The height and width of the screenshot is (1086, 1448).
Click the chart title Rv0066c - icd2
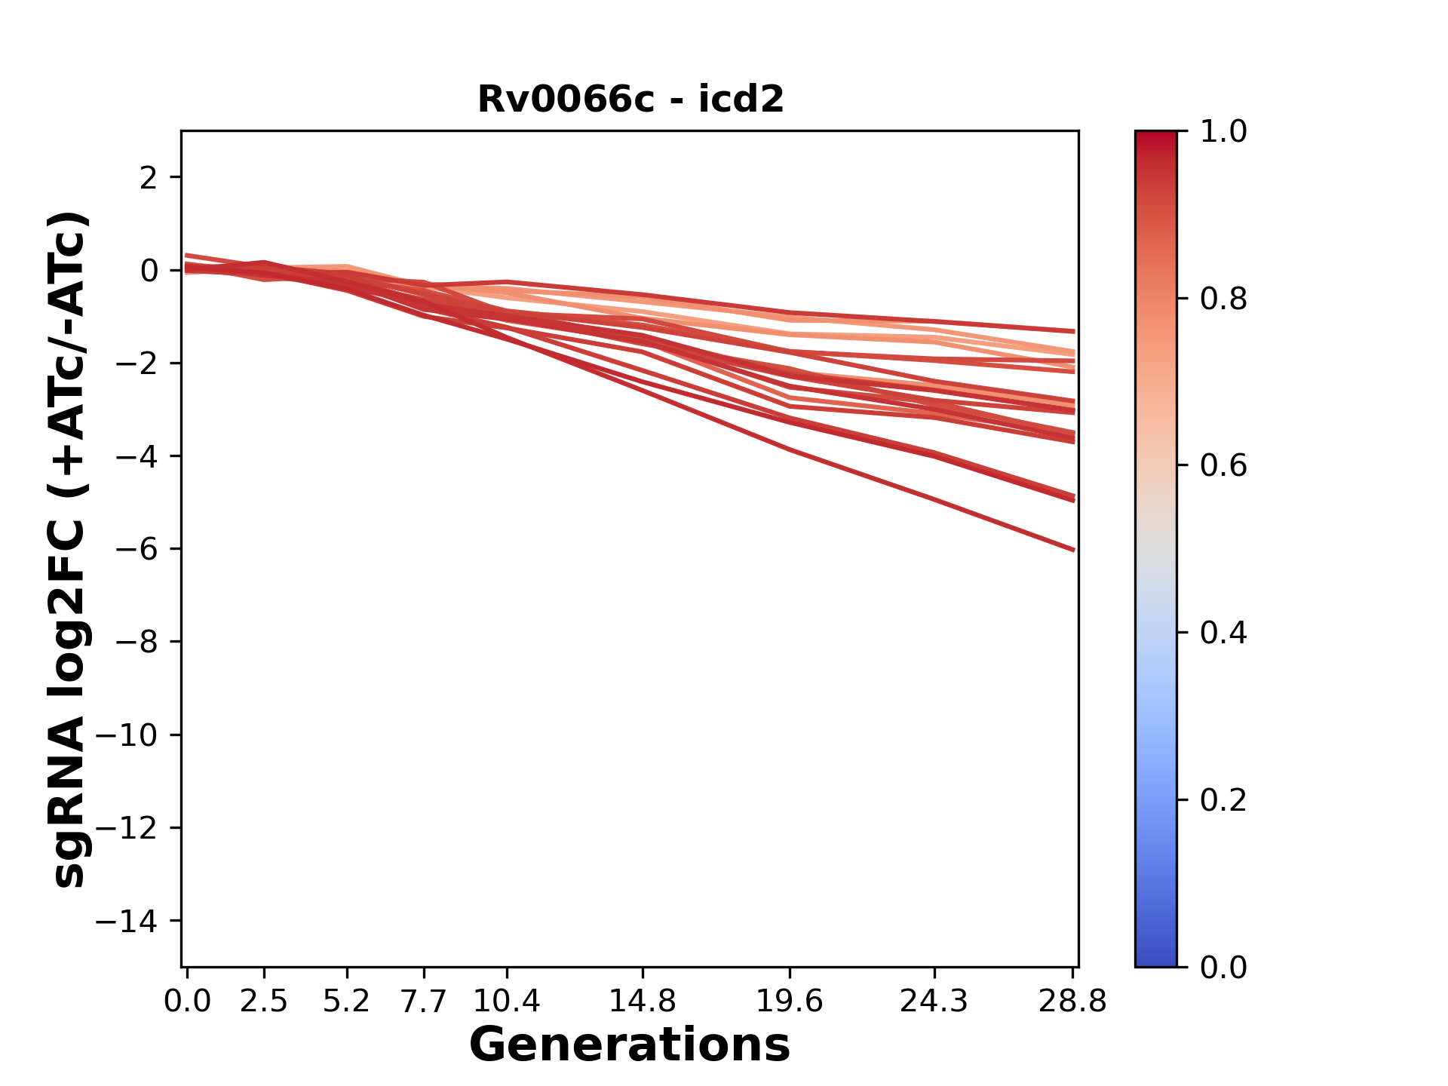pos(630,100)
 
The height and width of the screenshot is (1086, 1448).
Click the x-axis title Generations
pos(630,1045)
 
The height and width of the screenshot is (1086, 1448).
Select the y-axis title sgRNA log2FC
pos(69,549)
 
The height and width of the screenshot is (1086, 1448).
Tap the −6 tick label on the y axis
pos(137,549)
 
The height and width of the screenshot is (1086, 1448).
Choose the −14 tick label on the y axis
pos(127,921)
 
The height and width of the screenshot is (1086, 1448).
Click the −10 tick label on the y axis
pos(127,735)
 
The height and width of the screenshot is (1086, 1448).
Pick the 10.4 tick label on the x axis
pos(506,1002)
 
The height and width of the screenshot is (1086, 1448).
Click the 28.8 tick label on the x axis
pos(1072,1002)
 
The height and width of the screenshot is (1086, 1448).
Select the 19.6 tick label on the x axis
pos(790,1002)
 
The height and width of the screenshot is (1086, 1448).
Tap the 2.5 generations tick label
pos(264,1002)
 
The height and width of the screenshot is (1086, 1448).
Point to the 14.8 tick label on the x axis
pos(642,1002)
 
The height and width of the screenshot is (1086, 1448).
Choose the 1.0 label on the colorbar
pos(1223,132)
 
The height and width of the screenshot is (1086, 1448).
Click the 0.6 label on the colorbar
pos(1223,466)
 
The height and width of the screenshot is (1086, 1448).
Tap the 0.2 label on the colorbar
pos(1223,800)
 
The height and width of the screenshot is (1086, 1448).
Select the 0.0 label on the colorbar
pos(1223,968)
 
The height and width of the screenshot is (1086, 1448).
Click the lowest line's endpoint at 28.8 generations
pos(1073,550)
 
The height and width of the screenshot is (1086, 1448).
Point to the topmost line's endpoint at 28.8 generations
pos(1073,331)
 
